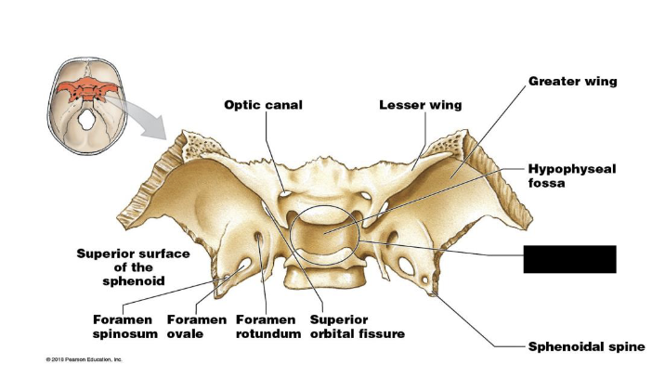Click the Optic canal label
263,105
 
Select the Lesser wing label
420,105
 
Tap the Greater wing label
572,82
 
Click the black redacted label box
569,259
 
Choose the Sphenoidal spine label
586,346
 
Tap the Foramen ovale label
196,327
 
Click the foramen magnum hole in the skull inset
86,119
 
